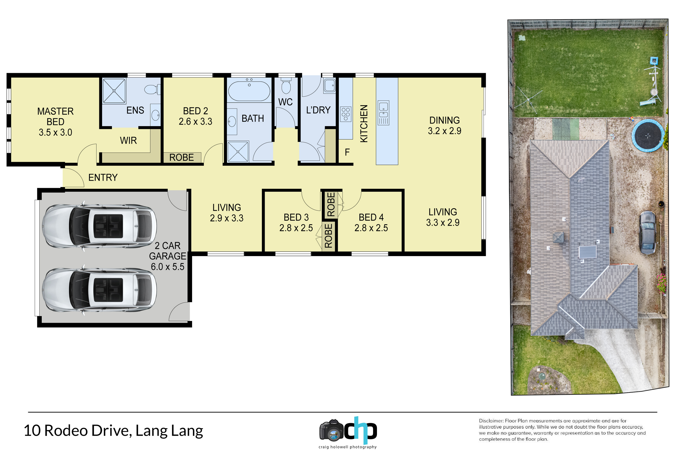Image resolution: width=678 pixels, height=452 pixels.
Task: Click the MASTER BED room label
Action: pyautogui.click(x=55, y=122)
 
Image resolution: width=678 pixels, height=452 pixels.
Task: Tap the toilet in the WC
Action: pyautogui.click(x=286, y=85)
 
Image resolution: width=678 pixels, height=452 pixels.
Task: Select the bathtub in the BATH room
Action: pyautogui.click(x=249, y=90)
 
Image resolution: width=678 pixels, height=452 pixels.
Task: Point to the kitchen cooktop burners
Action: pyautogui.click(x=346, y=114)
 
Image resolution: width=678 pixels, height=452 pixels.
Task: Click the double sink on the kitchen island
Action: pyautogui.click(x=383, y=113)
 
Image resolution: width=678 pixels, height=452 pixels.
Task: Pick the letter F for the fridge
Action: pyautogui.click(x=347, y=152)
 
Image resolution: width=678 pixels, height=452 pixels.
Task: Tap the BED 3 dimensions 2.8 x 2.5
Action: pyautogui.click(x=296, y=228)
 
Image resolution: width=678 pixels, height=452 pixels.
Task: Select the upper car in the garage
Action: pyautogui.click(x=99, y=226)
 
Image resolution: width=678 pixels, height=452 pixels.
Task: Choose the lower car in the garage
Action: pyautogui.click(x=99, y=290)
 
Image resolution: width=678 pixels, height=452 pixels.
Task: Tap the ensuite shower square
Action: pyautogui.click(x=114, y=91)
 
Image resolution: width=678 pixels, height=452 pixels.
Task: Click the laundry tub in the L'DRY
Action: pyautogui.click(x=329, y=85)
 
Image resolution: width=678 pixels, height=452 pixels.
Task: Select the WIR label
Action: pyautogui.click(x=128, y=141)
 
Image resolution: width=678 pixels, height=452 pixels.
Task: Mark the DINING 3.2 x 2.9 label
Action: pyautogui.click(x=445, y=125)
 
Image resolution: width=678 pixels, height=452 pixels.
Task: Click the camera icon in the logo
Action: pyautogui.click(x=332, y=430)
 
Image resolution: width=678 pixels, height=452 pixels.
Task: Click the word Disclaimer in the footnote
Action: pyautogui.click(x=491, y=421)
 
